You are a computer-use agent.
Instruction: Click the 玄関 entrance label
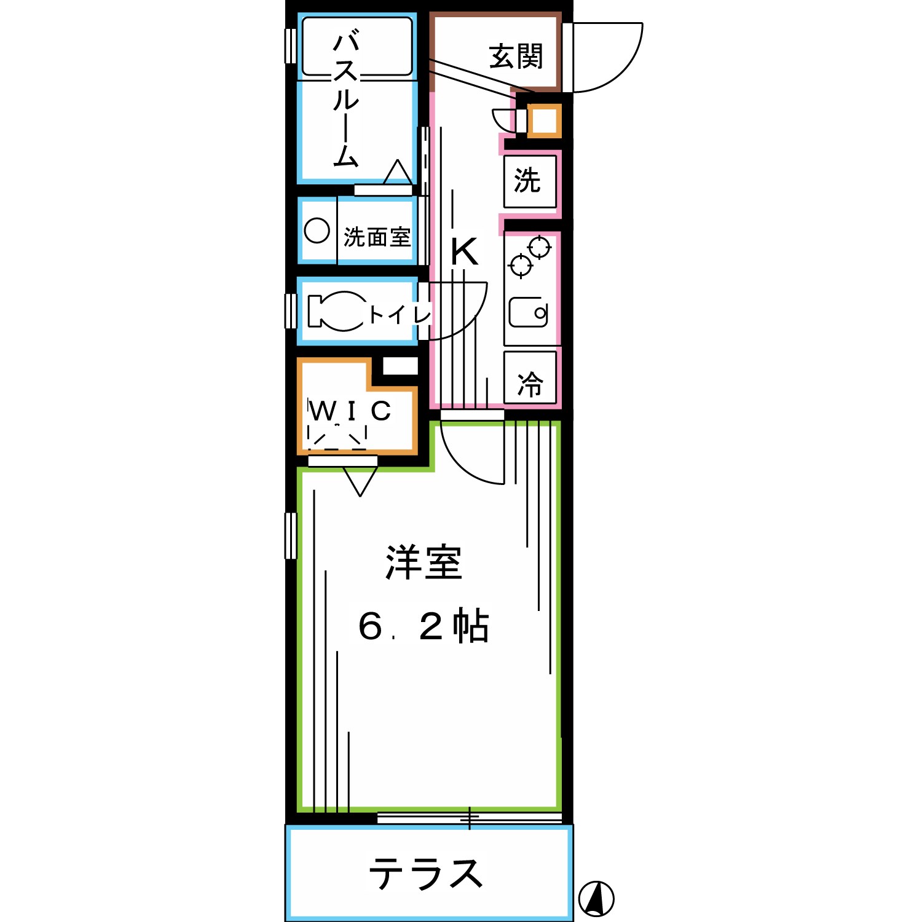516,57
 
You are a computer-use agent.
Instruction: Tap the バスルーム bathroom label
345,100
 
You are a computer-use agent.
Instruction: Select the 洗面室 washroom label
377,237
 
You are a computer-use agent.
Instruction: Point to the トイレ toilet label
400,315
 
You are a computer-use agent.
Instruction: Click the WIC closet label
350,411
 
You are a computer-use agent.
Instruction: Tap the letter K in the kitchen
464,251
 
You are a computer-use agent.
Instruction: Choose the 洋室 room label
424,562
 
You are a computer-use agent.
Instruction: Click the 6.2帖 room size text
424,626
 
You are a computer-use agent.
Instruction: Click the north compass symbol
596,899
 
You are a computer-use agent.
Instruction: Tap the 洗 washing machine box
529,181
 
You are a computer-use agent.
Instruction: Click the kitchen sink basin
528,312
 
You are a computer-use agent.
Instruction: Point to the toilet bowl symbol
338,310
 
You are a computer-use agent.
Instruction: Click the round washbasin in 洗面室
317,231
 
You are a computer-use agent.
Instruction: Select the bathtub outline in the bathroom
357,47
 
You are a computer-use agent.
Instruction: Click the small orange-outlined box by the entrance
544,120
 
